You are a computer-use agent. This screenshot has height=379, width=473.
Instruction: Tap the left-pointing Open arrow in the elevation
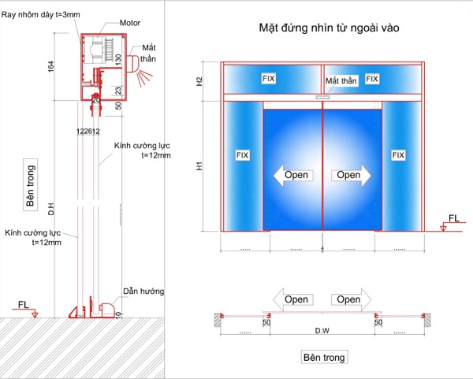[291, 175]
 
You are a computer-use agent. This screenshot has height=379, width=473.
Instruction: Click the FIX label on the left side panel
[242, 155]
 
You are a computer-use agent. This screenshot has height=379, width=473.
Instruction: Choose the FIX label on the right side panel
[400, 155]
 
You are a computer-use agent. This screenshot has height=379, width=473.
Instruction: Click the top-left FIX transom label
[270, 79]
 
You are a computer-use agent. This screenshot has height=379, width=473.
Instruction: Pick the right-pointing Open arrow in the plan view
[349, 299]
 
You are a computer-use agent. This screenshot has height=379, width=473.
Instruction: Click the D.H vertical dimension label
[50, 210]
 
